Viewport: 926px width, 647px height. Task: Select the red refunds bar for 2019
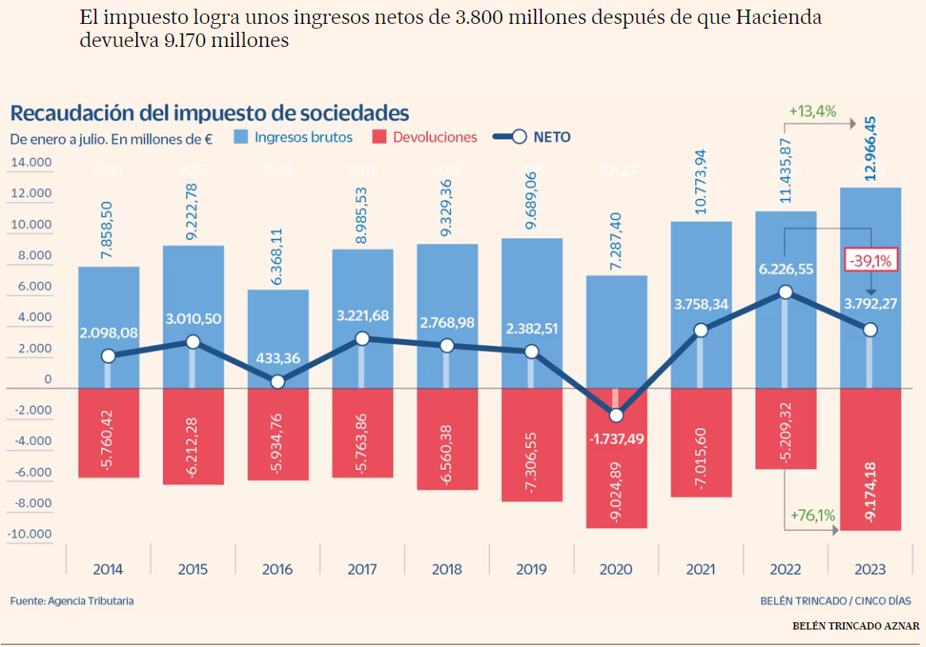click(531, 446)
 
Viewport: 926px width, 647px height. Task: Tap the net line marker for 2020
click(617, 415)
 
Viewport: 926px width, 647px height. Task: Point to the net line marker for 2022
click(786, 292)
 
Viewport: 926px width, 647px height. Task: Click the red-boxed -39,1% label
click(871, 259)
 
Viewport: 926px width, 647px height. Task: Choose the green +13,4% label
click(812, 111)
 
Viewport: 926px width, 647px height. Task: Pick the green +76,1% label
click(812, 515)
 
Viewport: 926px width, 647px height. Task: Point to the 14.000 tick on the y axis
click(30, 163)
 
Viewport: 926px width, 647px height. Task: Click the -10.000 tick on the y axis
click(29, 534)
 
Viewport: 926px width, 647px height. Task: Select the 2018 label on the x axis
click(447, 569)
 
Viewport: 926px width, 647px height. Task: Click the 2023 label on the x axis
click(870, 569)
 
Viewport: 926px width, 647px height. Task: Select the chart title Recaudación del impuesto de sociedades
click(209, 112)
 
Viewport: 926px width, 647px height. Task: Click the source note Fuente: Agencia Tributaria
click(72, 601)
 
